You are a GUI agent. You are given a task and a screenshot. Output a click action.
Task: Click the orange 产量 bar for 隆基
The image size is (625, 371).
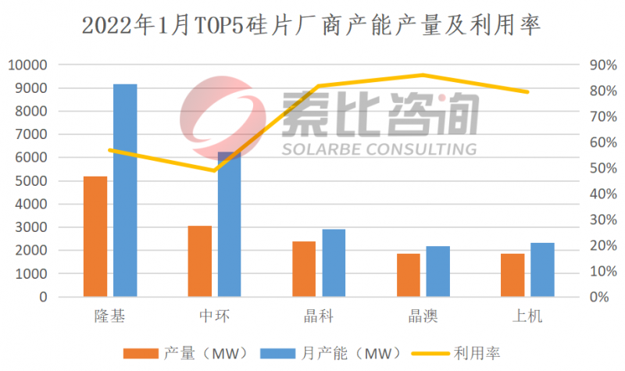[x=95, y=237]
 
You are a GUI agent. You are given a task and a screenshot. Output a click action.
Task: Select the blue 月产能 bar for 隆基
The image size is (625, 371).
[x=125, y=191]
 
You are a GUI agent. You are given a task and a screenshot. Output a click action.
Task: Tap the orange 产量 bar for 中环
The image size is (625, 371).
[x=200, y=262]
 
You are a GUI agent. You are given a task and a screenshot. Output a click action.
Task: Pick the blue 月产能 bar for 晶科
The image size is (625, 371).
[x=334, y=263]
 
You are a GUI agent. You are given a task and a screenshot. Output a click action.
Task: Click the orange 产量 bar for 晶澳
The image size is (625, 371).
[x=408, y=276]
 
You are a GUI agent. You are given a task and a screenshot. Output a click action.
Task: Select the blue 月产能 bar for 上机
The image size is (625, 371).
[x=542, y=270]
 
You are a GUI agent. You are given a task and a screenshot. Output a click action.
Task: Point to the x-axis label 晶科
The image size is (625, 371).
[x=319, y=316]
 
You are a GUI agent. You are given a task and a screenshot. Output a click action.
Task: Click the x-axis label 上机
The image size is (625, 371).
[x=527, y=316]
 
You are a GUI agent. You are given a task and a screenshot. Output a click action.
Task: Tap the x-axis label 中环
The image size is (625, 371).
[x=215, y=316]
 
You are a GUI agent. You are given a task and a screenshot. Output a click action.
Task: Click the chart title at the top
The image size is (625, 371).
[x=312, y=26]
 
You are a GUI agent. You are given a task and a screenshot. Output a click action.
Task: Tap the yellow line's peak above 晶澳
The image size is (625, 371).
[x=423, y=75]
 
